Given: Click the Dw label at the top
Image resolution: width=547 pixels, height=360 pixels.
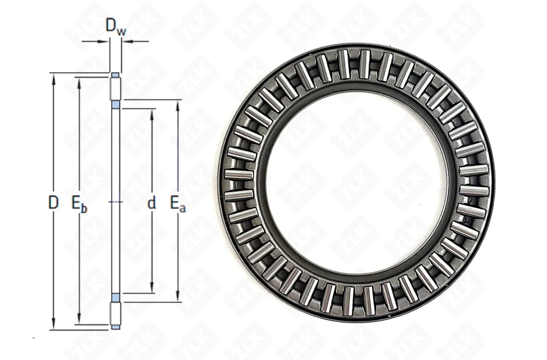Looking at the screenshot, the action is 115,27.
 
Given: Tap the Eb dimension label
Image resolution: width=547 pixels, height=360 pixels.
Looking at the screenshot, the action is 79,203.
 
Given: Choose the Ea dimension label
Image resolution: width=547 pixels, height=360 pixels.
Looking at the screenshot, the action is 178,203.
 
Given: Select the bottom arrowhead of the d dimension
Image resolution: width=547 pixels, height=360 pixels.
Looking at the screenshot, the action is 152,287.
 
